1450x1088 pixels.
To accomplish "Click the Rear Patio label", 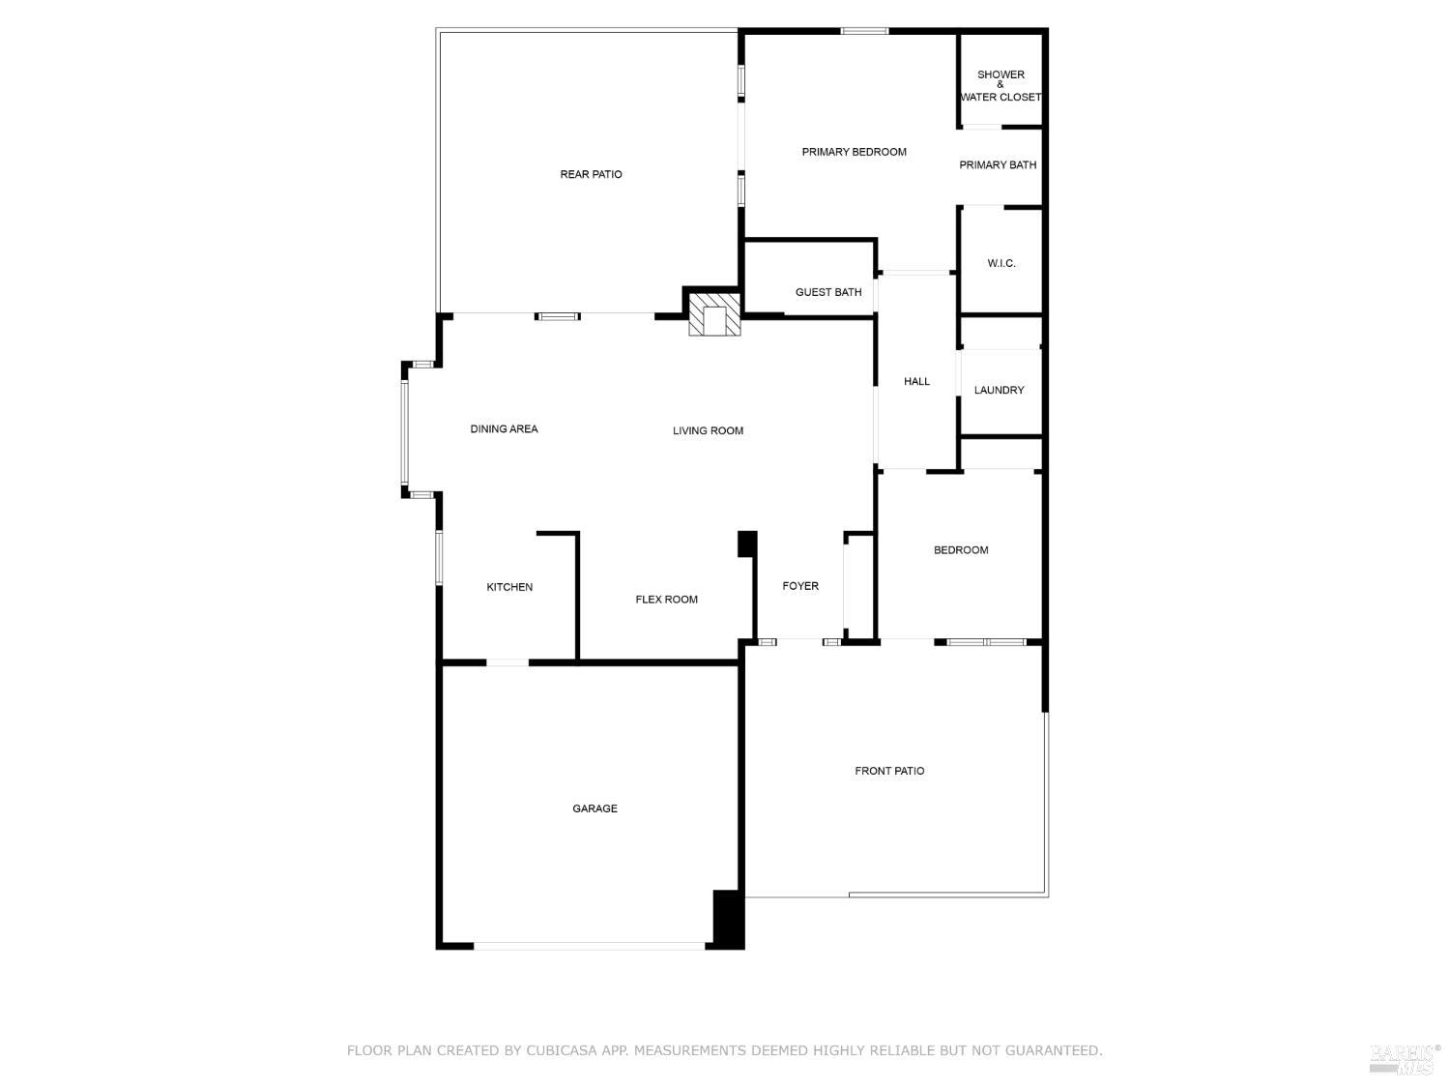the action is (x=591, y=174).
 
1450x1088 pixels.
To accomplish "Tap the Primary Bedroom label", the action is (x=854, y=152).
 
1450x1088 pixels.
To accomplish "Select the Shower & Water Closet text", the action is (x=1000, y=86).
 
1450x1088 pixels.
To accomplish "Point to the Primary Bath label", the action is (x=998, y=165).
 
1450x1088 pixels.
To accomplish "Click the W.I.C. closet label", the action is (x=1000, y=264).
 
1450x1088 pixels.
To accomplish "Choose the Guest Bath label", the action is (x=828, y=292).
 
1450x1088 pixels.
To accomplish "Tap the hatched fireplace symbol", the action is (x=714, y=314).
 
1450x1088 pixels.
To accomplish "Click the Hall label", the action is (x=916, y=381).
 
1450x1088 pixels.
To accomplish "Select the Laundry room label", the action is (x=999, y=391).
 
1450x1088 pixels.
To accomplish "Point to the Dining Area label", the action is (x=504, y=429).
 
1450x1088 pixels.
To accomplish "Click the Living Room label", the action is (x=708, y=430).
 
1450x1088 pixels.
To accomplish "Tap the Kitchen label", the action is (x=509, y=587).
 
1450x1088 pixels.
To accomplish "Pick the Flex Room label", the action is (x=666, y=600).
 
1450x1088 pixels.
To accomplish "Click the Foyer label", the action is (x=800, y=586).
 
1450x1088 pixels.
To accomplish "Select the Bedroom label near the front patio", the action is (x=961, y=550).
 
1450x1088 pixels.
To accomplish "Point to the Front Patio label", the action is (x=889, y=771).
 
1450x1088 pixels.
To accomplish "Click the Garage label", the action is (x=594, y=809).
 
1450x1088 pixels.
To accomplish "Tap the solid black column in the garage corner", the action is (x=728, y=918).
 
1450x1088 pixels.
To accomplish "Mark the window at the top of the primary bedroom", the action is (x=864, y=30).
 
